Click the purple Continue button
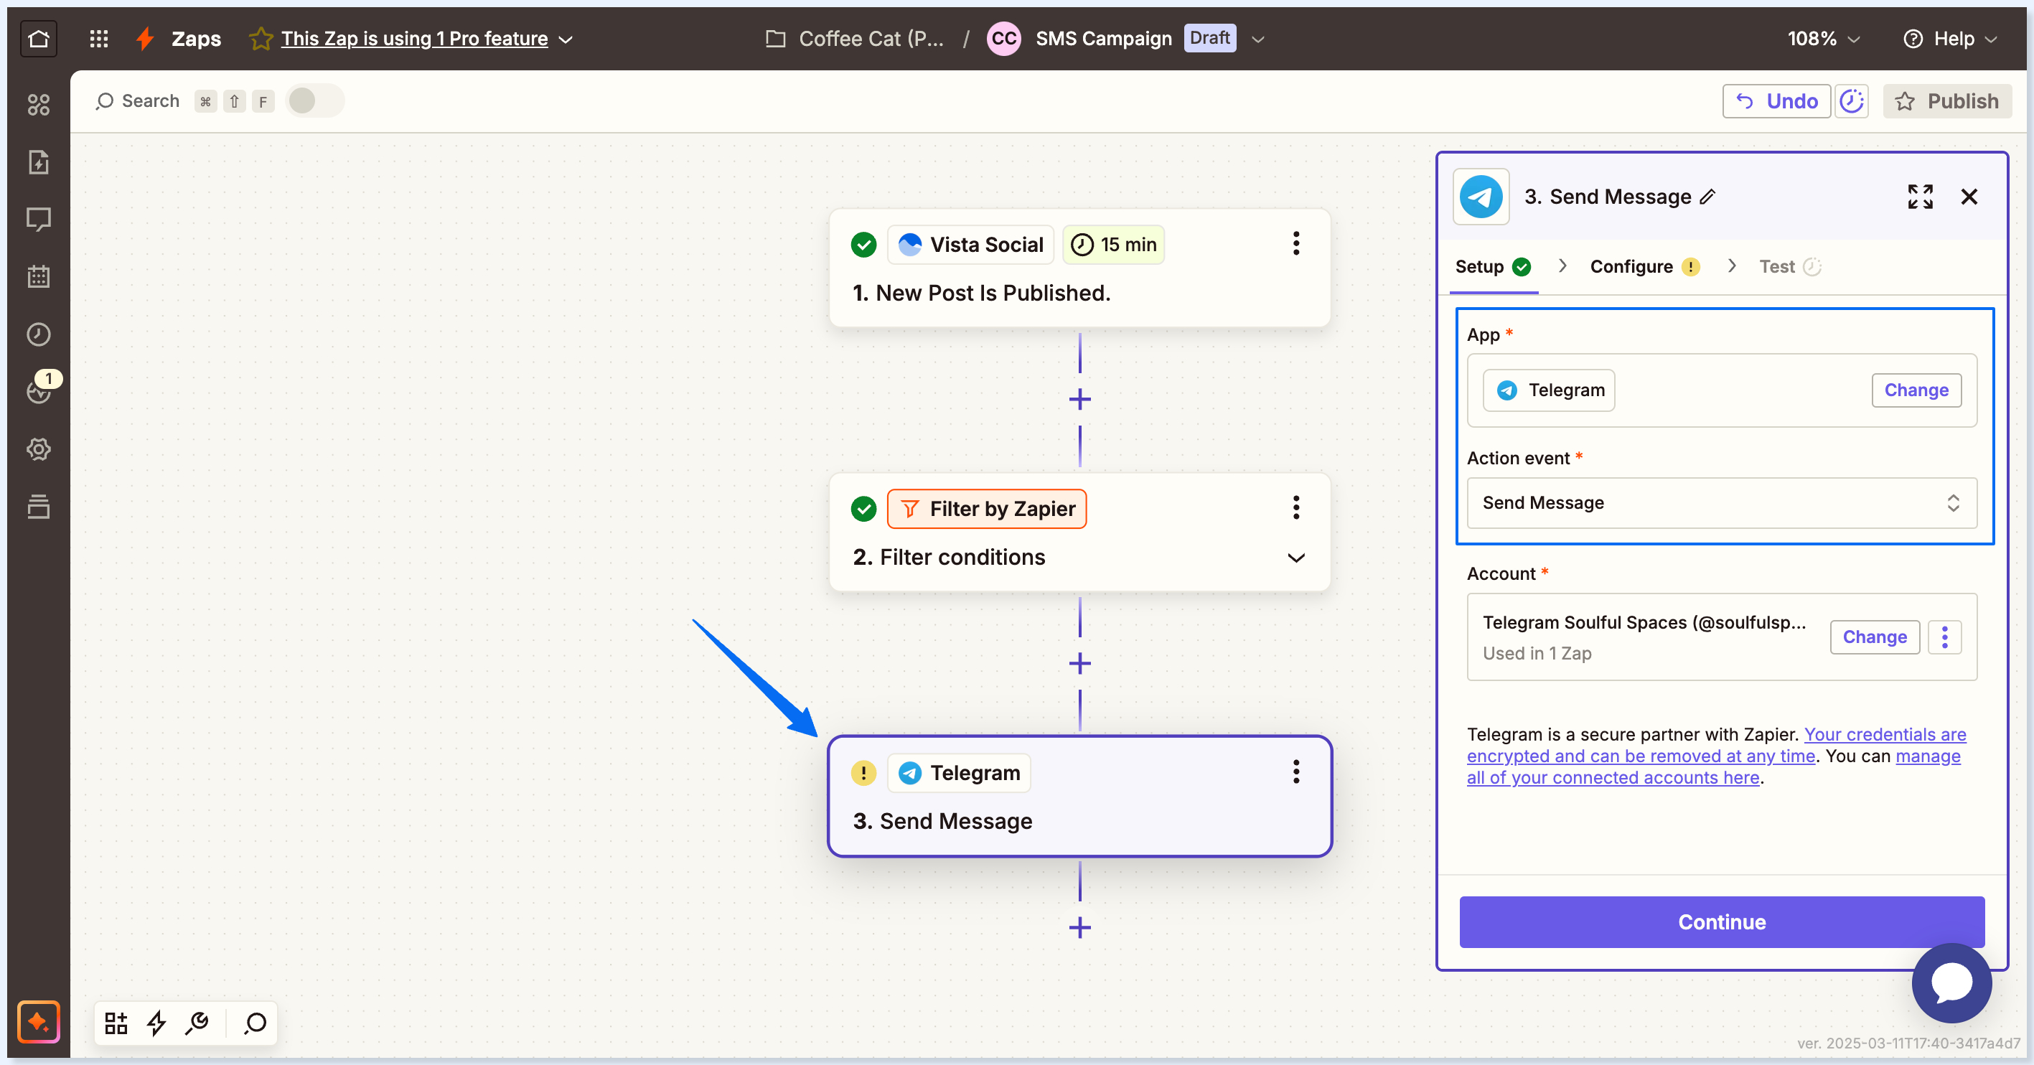tap(1721, 921)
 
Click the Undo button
tap(1776, 101)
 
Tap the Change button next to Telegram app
tap(1916, 390)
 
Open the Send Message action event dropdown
tap(1721, 503)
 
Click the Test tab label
tap(1776, 267)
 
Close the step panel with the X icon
tap(1969, 197)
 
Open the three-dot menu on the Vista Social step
tap(1295, 244)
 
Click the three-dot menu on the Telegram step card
tap(1295, 772)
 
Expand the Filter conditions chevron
tap(1295, 558)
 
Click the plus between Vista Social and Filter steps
tap(1079, 400)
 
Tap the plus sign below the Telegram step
tap(1079, 928)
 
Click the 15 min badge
tap(1113, 245)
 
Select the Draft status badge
tap(1209, 38)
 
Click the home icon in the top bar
tap(38, 38)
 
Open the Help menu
tap(1950, 39)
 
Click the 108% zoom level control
tap(1823, 39)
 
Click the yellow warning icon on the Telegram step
tap(863, 773)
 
